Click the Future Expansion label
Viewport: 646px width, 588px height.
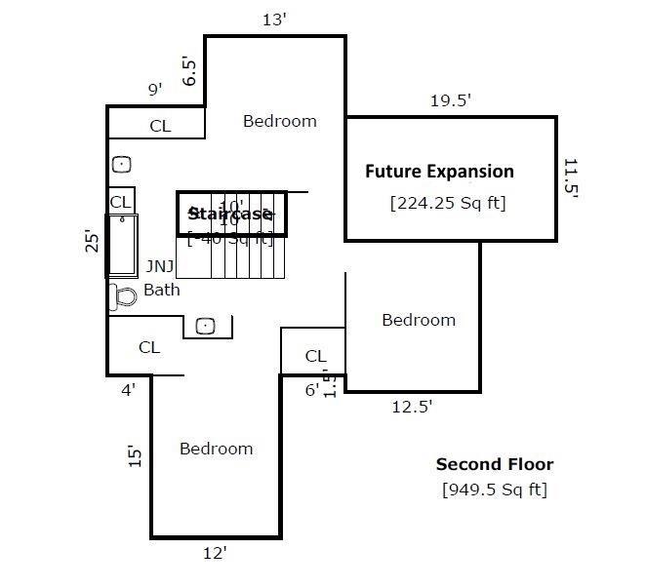coord(439,172)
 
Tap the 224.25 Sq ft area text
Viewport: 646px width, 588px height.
coord(447,203)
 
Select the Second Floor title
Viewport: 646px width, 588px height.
coord(494,464)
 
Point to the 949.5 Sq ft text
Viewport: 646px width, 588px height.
coord(494,489)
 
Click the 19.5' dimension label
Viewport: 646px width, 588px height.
coord(452,100)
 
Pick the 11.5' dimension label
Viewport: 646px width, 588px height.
coord(571,177)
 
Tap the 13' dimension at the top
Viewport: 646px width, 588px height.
coord(274,20)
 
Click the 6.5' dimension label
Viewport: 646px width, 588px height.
coord(190,70)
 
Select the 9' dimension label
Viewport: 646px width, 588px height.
coord(154,90)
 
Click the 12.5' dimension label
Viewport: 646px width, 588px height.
coord(412,407)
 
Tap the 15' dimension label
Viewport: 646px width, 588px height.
coord(135,456)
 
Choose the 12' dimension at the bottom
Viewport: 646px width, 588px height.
coord(215,553)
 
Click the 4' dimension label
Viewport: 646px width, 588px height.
coord(128,389)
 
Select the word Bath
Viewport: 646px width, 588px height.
coord(162,290)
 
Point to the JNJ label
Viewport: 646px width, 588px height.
coord(160,265)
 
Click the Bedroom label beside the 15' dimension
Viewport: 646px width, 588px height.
coord(216,449)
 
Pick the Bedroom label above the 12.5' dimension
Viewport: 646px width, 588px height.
coord(418,320)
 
